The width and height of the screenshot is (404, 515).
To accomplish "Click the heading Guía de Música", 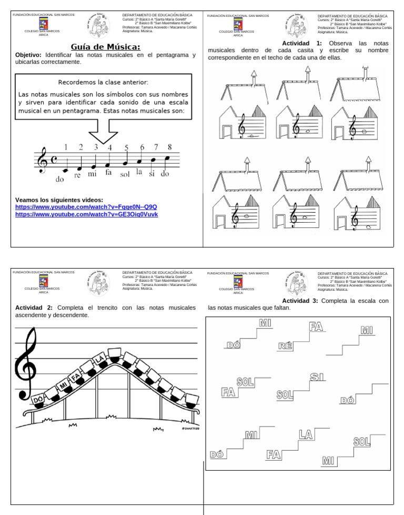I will coord(105,46).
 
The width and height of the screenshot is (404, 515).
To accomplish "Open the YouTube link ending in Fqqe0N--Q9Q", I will coord(86,207).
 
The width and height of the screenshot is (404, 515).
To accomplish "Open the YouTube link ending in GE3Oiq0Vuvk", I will coord(86,214).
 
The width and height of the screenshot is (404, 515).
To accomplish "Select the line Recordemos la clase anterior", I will coord(103,82).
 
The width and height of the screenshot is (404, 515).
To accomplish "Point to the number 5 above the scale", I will coord(126,147).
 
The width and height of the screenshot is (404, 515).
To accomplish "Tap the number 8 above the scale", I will coord(169,147).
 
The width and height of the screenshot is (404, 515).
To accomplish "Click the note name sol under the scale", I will coord(125,175).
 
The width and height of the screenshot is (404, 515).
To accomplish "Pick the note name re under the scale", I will coord(77,175).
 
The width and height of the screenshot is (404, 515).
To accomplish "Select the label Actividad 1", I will coord(302,43).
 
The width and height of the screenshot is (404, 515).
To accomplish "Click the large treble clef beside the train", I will coord(27,358).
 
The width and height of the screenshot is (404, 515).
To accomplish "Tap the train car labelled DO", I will coord(38,400).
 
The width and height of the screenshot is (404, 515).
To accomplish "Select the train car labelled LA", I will coord(98,359).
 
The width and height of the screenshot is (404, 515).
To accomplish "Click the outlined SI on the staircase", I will coord(317,377).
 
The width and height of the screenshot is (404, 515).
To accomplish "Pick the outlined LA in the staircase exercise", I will coord(306,434).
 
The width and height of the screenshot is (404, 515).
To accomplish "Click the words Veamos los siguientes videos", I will coord(59,200).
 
